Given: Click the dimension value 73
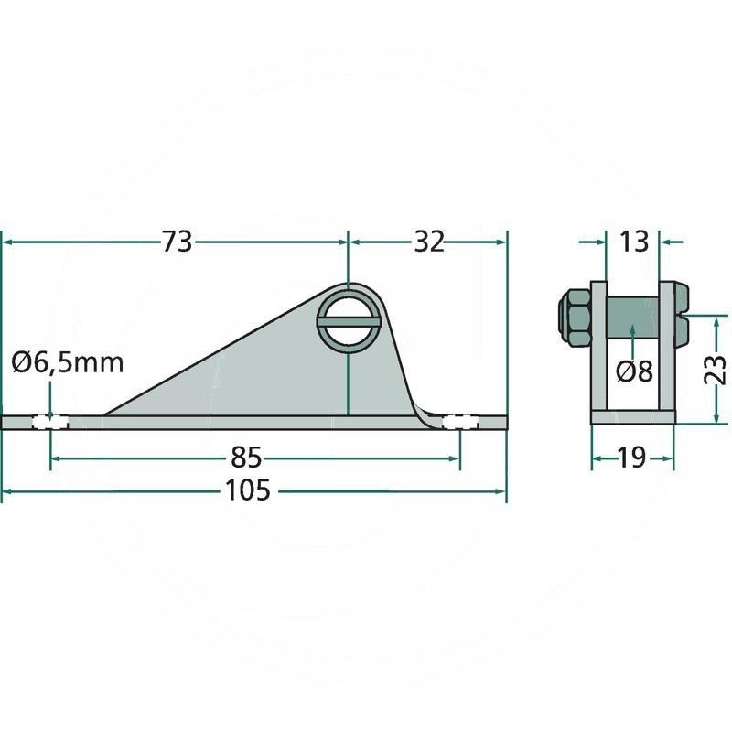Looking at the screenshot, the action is pos(177,242).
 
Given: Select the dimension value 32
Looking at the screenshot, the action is pos(429,242).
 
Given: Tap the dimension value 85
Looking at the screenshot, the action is pos(246,458).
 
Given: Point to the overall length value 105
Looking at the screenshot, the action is pos(247,490).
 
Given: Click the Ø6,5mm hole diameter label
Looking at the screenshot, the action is pos(68,362).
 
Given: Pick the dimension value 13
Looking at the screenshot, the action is pos(633,242).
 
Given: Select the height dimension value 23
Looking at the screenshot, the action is pos(715,370).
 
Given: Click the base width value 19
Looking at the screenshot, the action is pos(632,458).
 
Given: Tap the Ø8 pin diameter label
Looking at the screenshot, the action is pos(634,371).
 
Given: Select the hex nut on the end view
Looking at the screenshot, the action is pos(576,318).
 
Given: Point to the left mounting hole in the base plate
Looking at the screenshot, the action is pos(50,423).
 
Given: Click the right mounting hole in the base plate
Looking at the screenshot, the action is pos(460,423).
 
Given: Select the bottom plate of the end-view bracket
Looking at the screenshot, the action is pos(633,417).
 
